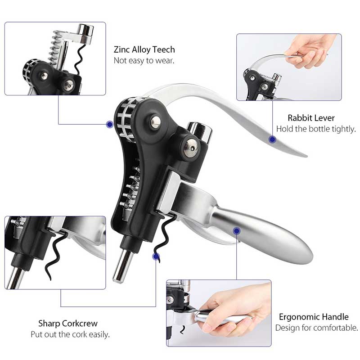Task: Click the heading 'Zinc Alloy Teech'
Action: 144,49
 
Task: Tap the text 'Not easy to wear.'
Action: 144,61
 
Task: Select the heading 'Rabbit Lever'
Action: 311,118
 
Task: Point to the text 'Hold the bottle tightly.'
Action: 316,129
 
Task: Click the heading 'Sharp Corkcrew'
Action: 68,323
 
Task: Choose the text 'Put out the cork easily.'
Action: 70,334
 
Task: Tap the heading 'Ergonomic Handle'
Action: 314,317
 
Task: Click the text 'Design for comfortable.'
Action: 317,328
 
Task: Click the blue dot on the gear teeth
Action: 110,124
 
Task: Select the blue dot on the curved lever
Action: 273,139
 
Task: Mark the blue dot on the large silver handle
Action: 237,231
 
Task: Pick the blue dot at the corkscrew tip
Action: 156,256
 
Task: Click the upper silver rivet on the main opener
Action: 155,121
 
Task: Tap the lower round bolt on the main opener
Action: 191,148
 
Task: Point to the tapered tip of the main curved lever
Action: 306,155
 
